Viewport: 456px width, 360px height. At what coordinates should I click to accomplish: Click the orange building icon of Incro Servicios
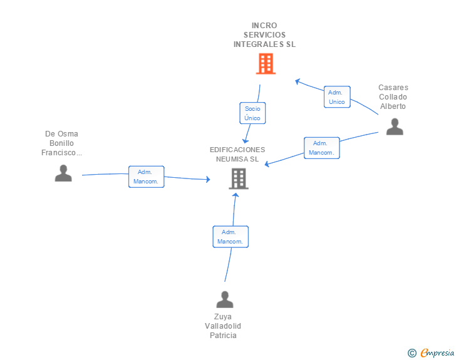266,63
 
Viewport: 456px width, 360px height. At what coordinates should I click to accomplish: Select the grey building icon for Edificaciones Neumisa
238,178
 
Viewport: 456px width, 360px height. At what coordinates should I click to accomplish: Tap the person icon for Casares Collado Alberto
394,126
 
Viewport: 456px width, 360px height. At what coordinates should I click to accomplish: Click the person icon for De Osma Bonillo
63,173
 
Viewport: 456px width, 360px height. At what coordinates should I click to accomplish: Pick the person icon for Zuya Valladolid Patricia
224,299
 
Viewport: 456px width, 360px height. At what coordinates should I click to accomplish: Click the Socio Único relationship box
253,113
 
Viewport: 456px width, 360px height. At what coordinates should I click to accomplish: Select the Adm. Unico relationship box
336,97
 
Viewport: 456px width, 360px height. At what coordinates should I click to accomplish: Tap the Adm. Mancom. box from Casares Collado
321,148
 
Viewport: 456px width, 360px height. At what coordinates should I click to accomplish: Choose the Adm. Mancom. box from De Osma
146,177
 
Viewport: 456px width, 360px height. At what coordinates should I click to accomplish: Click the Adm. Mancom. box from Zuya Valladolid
231,237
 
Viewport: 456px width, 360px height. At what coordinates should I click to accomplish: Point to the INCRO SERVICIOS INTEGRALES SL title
264,35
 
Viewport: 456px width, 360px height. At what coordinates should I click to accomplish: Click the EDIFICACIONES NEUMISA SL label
237,154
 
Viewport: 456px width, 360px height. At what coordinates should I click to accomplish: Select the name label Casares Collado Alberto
393,97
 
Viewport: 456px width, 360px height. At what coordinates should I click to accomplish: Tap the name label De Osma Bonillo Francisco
62,143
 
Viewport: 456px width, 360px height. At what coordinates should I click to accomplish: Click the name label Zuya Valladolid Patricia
223,326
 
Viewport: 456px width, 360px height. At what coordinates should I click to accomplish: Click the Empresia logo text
437,353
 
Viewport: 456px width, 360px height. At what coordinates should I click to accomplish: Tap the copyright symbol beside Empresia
412,353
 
